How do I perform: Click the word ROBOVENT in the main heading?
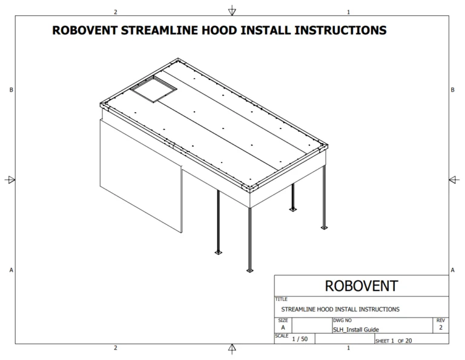[x=85, y=30]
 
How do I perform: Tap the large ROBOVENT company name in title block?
[x=361, y=286]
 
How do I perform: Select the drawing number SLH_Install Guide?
[x=356, y=330]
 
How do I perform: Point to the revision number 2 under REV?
[x=441, y=327]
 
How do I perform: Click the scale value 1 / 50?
[x=300, y=339]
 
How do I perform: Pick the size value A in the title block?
[x=283, y=327]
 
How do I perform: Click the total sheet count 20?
[x=408, y=341]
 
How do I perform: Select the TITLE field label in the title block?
[x=281, y=299]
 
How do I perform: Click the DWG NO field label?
[x=343, y=321]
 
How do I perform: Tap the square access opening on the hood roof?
[x=154, y=89]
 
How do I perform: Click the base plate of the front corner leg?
[x=249, y=270]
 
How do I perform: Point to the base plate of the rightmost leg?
[x=324, y=228]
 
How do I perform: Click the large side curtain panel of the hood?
[x=141, y=176]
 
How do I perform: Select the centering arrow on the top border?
[x=232, y=11]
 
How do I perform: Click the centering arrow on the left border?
[x=10, y=179]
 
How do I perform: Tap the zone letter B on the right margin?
[x=452, y=90]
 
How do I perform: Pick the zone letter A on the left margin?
[x=12, y=270]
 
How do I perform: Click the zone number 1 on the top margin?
[x=349, y=12]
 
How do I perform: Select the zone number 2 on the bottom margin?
[x=116, y=348]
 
